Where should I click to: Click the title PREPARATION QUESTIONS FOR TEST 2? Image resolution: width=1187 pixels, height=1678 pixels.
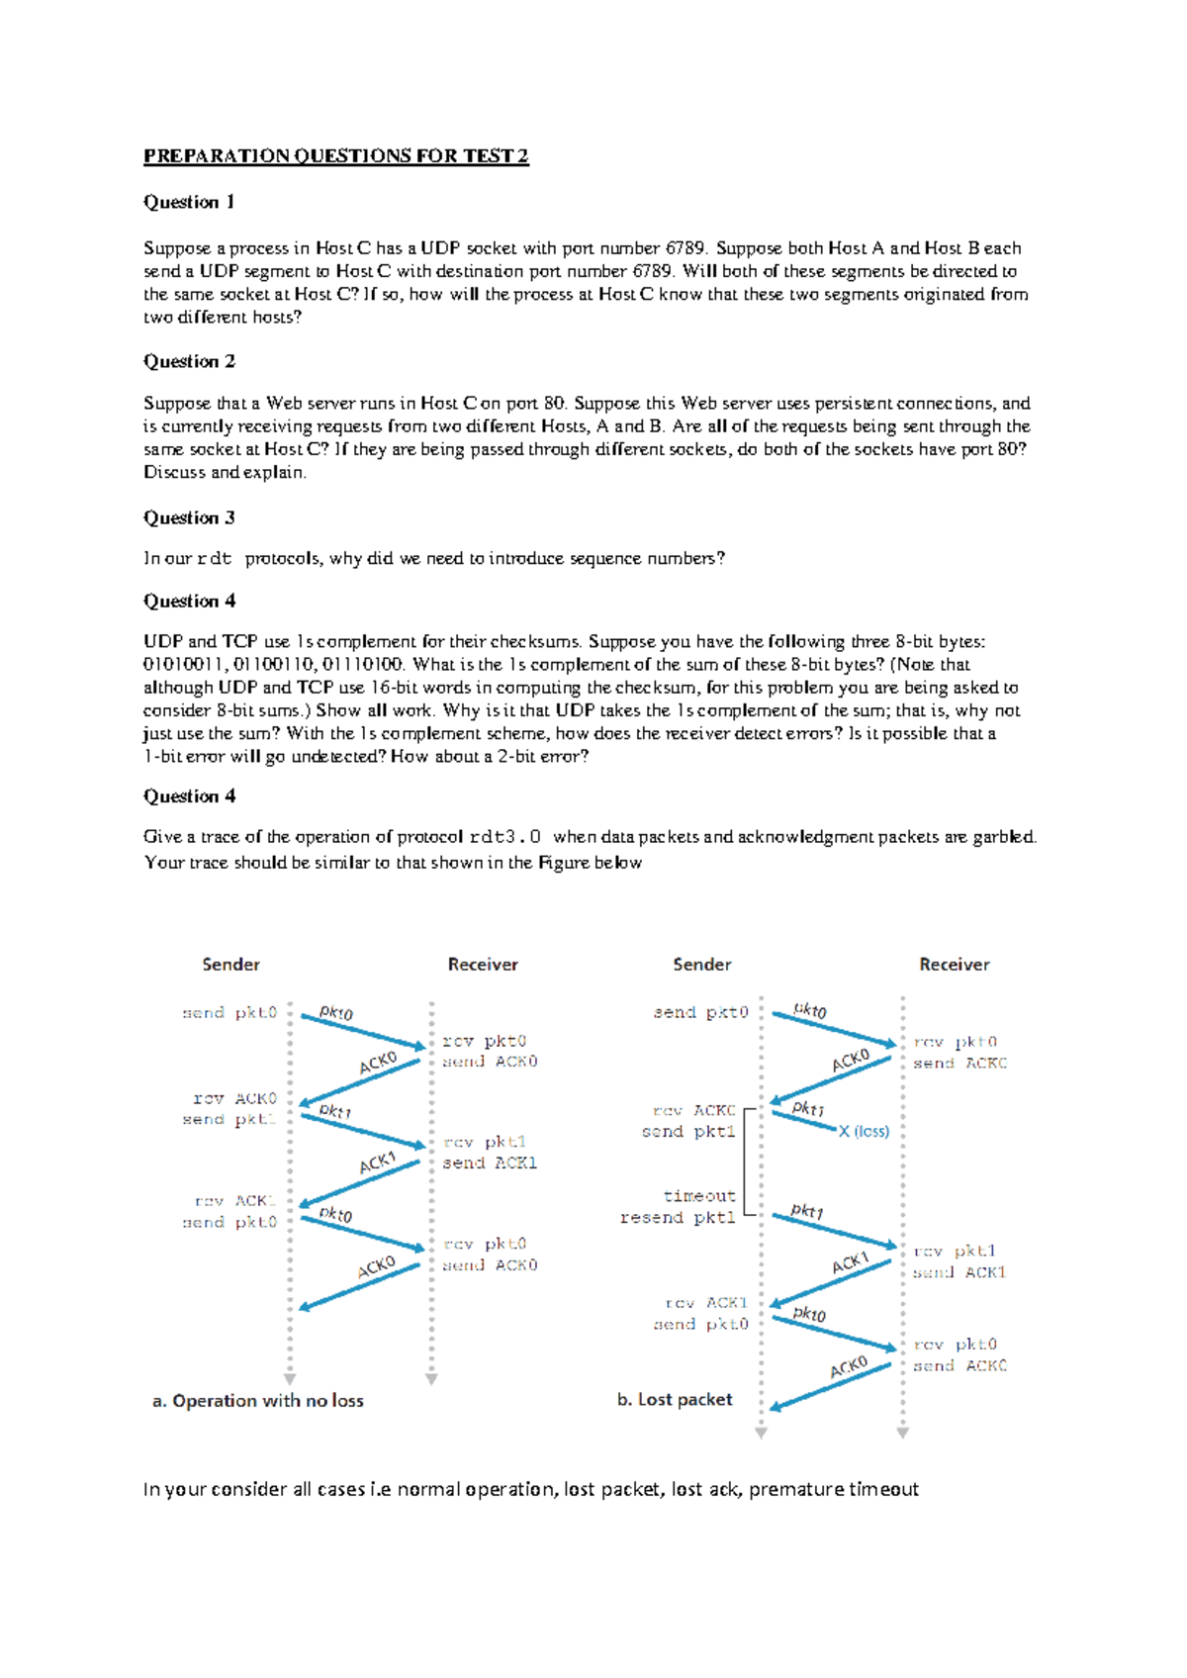[x=336, y=155]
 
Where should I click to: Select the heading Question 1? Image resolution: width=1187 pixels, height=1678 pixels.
[x=189, y=202]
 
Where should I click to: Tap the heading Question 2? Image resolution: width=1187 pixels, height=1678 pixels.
[x=189, y=361]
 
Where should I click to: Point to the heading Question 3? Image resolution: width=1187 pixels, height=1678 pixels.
[x=189, y=517]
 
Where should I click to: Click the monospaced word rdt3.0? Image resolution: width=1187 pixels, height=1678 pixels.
[x=504, y=837]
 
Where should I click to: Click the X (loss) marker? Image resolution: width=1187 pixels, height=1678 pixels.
[x=864, y=1131]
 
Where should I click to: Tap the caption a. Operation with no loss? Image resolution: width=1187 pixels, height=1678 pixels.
[x=258, y=1400]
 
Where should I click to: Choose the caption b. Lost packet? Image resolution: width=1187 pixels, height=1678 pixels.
[x=675, y=1399]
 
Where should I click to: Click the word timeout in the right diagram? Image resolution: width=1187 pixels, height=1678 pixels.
[x=699, y=1196]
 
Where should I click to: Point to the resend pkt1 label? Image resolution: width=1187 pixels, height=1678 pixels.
[x=678, y=1218]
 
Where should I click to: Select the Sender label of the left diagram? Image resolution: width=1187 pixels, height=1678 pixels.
[x=230, y=964]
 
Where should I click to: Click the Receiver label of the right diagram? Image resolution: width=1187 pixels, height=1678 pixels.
[x=954, y=964]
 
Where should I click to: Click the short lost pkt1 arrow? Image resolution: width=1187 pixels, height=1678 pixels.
[x=804, y=1121]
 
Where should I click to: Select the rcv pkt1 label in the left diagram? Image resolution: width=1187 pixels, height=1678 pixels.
[x=485, y=1142]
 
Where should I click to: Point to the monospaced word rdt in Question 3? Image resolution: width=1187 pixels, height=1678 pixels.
[x=214, y=559]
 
